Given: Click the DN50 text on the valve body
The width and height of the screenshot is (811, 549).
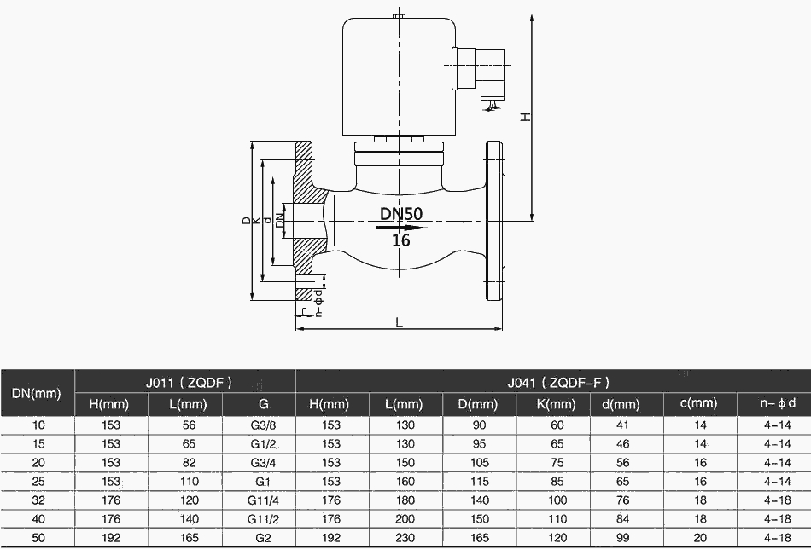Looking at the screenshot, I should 401,213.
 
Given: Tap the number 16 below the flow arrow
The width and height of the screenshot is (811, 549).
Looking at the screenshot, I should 401,241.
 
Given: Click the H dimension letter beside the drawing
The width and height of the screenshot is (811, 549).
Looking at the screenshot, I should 527,116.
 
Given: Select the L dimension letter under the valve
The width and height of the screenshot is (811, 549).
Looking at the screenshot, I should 399,321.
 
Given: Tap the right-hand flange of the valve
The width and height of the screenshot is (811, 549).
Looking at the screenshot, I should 495,221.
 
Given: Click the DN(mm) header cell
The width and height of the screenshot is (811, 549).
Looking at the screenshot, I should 38,393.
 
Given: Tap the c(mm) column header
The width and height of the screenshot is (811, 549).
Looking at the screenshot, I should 700,403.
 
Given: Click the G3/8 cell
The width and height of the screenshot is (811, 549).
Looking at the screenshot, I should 259,425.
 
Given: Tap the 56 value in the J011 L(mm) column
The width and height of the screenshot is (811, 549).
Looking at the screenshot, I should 185,425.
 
